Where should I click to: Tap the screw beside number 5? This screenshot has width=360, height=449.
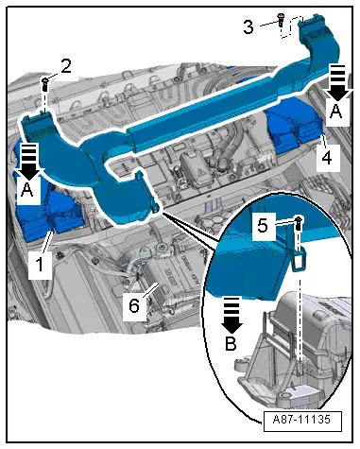point(299,223)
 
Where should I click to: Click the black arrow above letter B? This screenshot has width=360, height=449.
point(230,319)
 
